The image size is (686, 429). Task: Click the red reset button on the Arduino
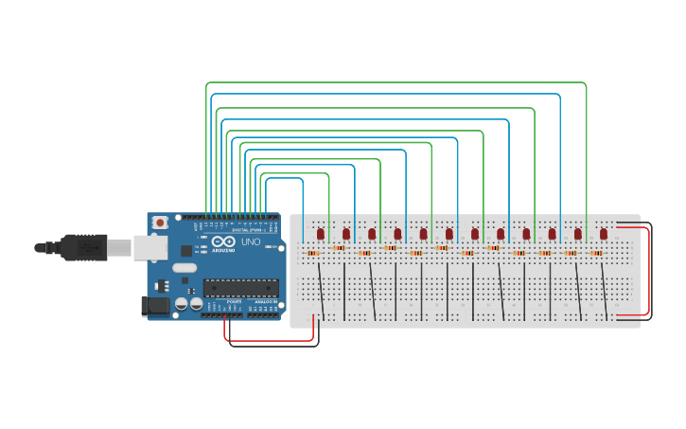click(x=160, y=223)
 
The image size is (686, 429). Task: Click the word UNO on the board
click(x=251, y=241)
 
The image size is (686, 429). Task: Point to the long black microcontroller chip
click(x=241, y=288)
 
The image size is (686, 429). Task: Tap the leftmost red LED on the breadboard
click(x=321, y=233)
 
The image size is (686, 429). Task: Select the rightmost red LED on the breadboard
click(x=604, y=233)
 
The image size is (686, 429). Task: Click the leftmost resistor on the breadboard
click(x=313, y=253)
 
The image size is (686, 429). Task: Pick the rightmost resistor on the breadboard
click(x=596, y=253)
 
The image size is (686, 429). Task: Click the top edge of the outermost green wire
click(x=397, y=82)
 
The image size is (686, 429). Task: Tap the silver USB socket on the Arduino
click(x=150, y=247)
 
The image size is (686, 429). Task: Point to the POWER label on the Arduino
click(x=234, y=301)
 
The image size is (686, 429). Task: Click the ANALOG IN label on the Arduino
click(x=266, y=301)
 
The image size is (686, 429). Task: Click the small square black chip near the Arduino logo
click(x=186, y=251)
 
